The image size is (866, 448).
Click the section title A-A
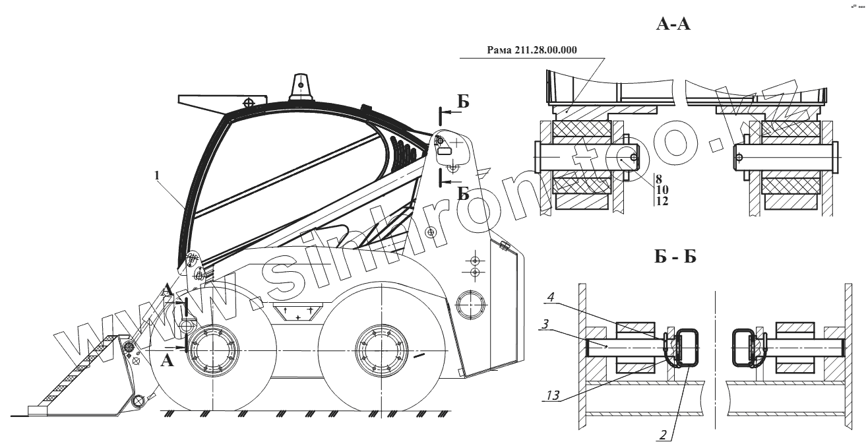[x=673, y=25]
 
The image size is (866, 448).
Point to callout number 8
[x=658, y=179]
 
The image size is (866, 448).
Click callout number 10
[x=660, y=189]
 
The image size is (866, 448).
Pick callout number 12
[x=660, y=201]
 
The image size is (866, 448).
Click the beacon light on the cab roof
[x=301, y=86]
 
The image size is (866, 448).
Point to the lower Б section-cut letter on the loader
[x=463, y=193]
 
